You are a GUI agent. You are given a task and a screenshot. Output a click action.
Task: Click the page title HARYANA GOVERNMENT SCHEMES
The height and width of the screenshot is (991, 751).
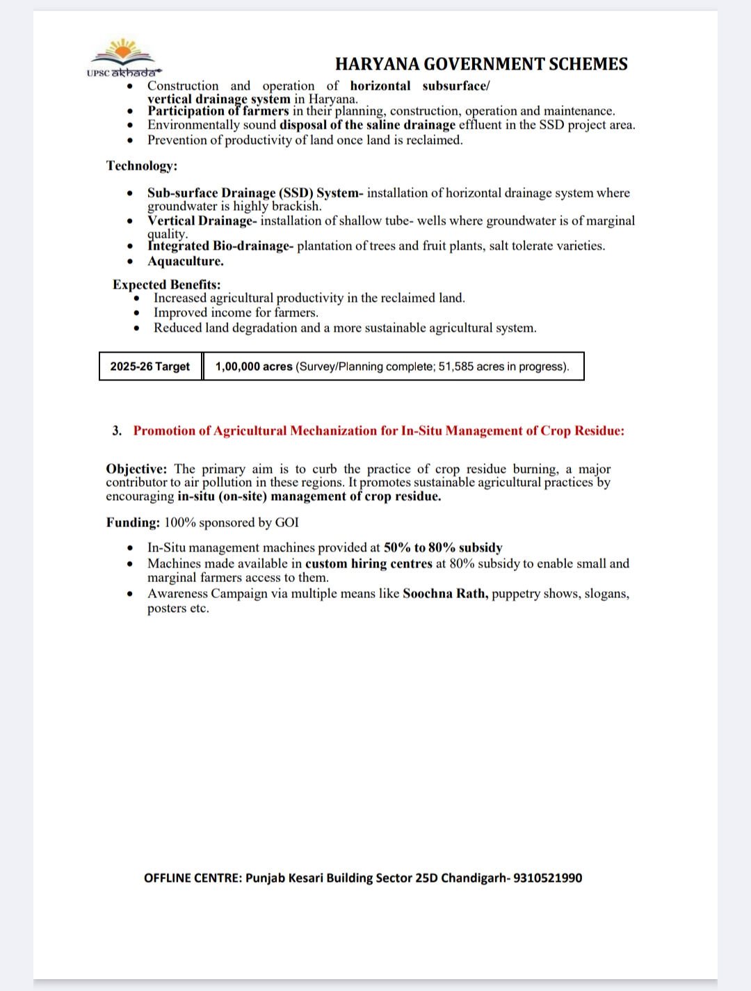481,64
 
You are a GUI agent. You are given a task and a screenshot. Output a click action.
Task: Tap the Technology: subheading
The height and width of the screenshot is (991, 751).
142,166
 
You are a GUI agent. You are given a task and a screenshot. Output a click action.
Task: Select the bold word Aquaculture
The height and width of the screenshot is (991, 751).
186,261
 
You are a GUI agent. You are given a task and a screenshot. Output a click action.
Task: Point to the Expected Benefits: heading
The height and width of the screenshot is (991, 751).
167,284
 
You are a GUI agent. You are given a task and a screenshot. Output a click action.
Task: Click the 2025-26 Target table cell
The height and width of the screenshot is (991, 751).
150,366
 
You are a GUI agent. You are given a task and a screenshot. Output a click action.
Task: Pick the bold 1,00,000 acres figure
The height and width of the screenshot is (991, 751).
254,366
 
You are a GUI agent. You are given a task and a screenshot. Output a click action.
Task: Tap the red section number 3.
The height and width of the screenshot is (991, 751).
117,431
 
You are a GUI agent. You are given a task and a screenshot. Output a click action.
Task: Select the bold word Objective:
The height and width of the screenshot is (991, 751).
136,469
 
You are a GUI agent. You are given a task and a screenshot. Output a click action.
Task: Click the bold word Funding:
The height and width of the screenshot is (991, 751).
133,522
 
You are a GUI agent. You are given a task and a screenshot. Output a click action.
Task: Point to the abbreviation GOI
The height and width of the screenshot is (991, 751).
287,522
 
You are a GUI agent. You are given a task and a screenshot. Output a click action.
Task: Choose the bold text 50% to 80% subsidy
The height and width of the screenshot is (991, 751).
443,548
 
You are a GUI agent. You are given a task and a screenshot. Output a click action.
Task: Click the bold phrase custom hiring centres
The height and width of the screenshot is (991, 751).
369,563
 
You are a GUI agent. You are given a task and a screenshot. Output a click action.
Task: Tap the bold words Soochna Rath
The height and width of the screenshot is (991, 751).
445,594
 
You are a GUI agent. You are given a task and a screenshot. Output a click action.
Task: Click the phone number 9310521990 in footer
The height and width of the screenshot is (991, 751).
548,878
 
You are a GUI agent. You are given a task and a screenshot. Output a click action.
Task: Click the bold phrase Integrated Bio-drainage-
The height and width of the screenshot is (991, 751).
220,246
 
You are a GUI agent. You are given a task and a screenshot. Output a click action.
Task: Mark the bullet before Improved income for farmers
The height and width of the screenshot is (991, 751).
137,313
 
